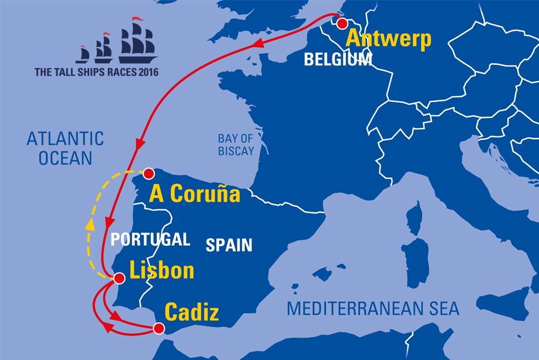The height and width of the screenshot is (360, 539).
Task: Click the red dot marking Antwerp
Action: coord(342,23)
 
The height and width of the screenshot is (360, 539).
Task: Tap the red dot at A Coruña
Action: coord(149,173)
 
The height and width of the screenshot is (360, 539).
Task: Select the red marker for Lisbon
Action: coord(118,277)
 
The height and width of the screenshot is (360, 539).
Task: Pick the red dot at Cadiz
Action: coord(159,329)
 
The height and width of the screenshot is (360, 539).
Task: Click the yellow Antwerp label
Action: coord(389,39)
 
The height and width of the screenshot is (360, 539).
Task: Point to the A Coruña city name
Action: coord(195,193)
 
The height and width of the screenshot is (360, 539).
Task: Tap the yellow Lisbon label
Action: coord(161,271)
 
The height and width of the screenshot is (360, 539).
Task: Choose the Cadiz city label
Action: coord(191,312)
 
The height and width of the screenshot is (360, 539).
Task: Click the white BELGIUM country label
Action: coord(338,60)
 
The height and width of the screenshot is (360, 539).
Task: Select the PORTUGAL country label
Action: coord(150,239)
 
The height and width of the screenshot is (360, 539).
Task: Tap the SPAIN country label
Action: coord(229,245)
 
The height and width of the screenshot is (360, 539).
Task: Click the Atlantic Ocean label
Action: coord(65,148)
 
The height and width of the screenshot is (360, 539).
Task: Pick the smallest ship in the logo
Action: coord(83,54)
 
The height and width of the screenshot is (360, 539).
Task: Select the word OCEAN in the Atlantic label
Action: coord(65,158)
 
